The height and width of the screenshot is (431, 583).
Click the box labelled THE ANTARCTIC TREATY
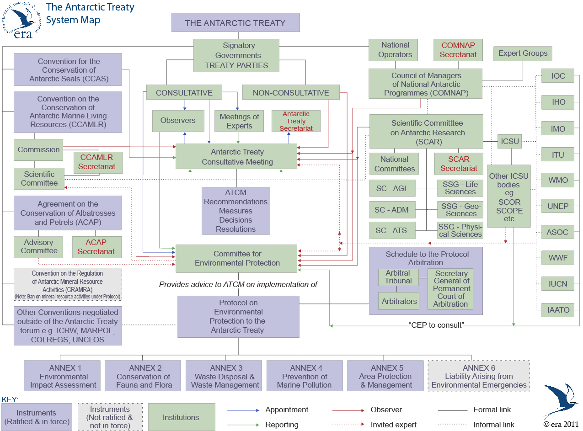(x=235, y=22)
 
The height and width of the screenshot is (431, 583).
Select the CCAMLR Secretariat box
(x=98, y=162)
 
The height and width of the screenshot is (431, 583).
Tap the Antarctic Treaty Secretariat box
(x=296, y=121)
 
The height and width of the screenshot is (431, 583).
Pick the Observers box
(x=178, y=121)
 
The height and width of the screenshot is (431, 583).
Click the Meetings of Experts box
(x=239, y=121)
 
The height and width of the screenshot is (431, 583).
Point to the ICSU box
(x=510, y=142)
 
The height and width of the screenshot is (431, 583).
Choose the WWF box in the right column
(x=558, y=258)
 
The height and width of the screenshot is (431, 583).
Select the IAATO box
(x=558, y=310)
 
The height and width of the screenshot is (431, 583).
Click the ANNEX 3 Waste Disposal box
(x=223, y=376)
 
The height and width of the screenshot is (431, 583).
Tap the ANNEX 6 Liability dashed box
(x=479, y=376)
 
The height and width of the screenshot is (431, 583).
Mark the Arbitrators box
(x=399, y=301)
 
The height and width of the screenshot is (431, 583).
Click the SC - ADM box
(x=391, y=210)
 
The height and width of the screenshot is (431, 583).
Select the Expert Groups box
(x=523, y=53)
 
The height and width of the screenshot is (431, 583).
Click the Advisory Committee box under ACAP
(x=39, y=247)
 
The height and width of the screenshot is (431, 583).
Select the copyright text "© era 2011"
(x=561, y=424)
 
